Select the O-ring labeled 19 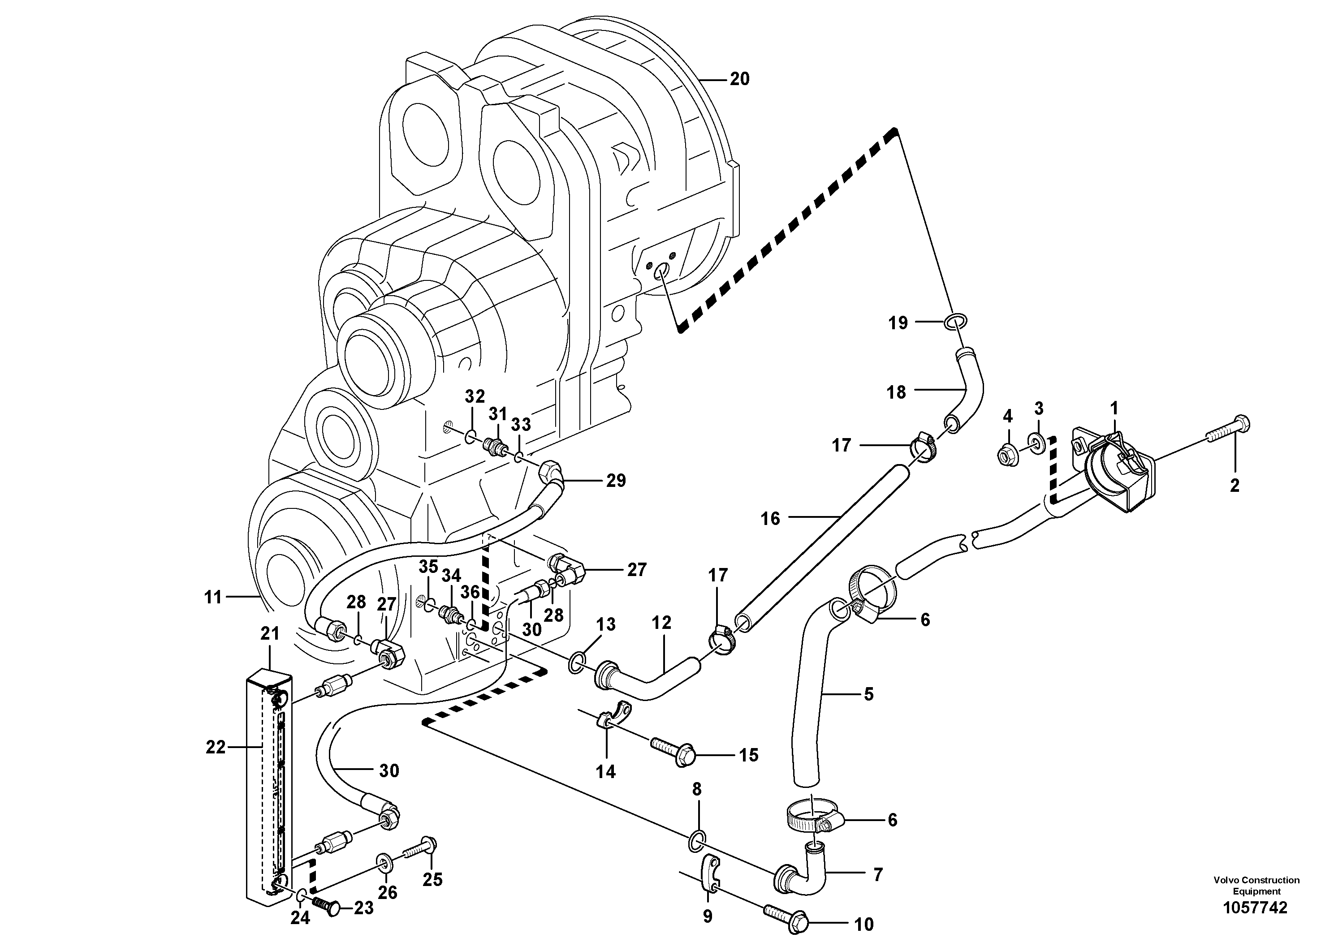(956, 321)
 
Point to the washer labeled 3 (1038, 444)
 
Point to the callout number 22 (215, 748)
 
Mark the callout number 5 (868, 693)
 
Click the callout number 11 (213, 597)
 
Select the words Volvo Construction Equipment (1256, 886)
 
